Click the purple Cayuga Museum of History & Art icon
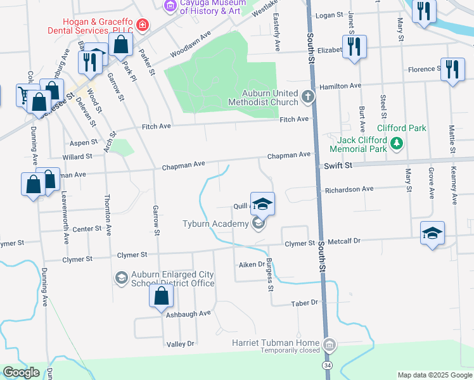click(169, 6)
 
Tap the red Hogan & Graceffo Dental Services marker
click(143, 25)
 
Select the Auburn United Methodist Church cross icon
click(308, 97)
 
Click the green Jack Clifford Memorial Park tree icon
click(397, 144)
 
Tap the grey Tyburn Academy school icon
click(258, 224)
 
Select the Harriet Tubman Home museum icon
click(329, 345)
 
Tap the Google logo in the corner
click(22, 372)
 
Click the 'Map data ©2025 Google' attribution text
click(434, 375)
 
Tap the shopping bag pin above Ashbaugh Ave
click(162, 296)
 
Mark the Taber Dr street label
click(304, 303)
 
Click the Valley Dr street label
click(180, 343)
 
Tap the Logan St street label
click(329, 15)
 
